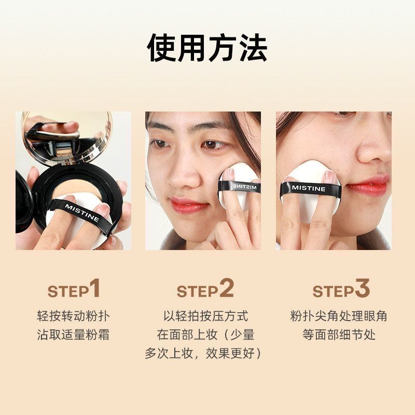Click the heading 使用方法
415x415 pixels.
207,48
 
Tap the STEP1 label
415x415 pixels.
74,288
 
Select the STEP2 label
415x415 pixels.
205,288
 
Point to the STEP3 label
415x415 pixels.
341,288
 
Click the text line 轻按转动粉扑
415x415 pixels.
73,316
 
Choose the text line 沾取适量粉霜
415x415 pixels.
73,335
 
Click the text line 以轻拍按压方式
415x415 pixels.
205,316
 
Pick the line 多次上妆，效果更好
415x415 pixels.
203,353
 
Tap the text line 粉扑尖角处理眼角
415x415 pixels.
339,316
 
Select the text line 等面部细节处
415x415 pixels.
339,335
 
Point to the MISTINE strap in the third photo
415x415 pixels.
310,189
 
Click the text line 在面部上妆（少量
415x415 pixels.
205,335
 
